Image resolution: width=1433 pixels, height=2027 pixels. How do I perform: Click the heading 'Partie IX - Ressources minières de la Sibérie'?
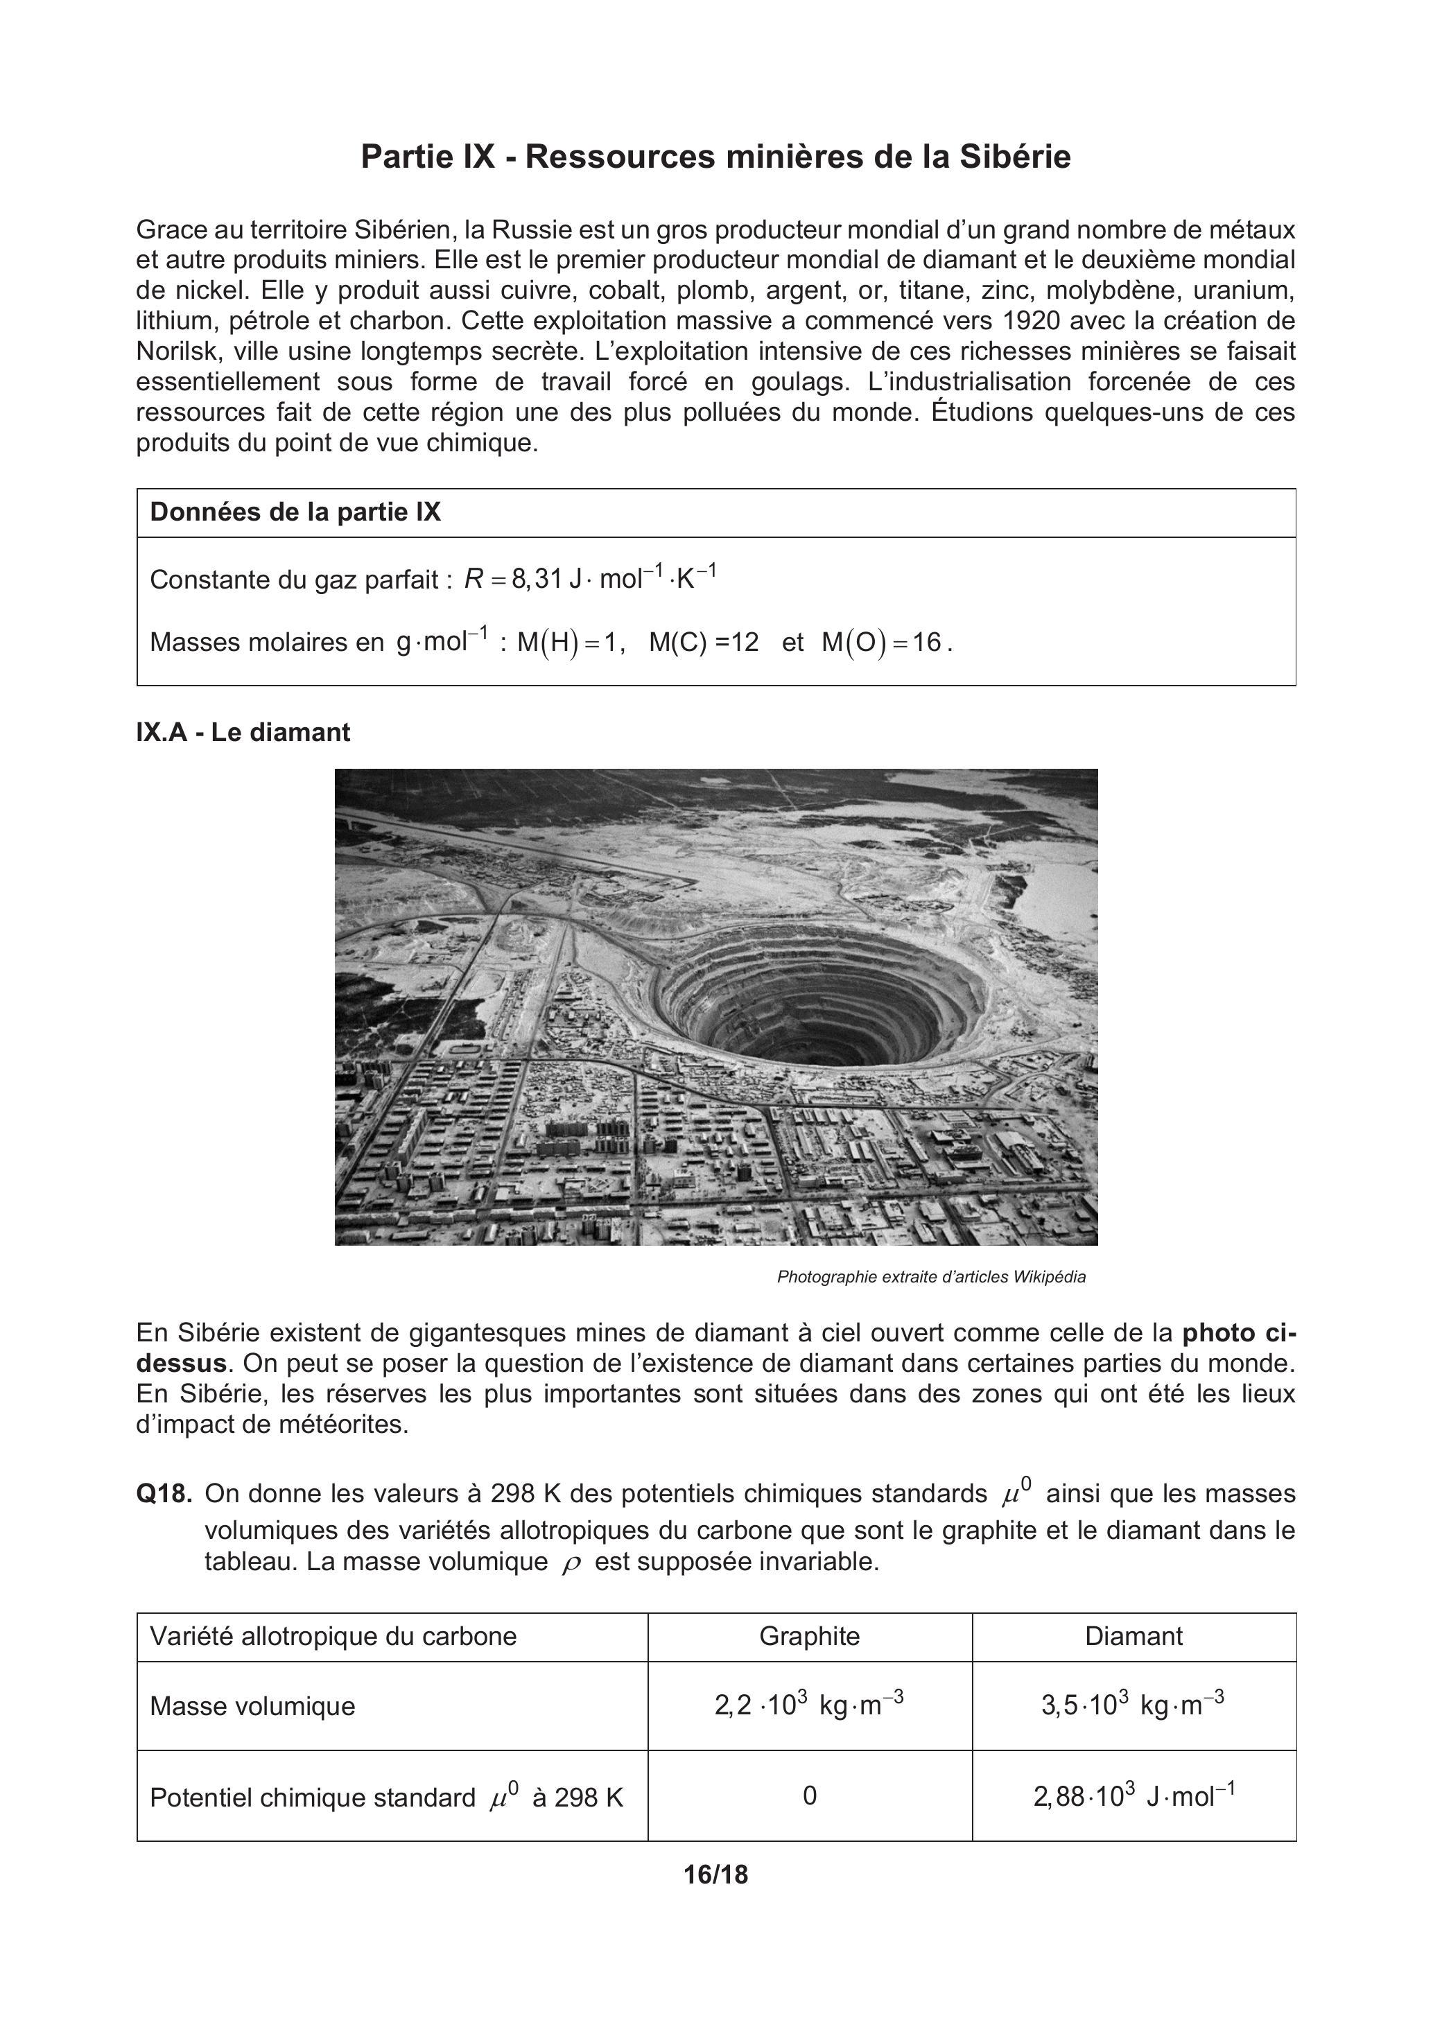pos(715,157)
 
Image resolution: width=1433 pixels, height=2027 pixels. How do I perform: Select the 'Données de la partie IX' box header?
pos(295,512)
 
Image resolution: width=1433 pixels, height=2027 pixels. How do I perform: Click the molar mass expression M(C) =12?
pos(704,642)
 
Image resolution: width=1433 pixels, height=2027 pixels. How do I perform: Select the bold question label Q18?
pos(164,1494)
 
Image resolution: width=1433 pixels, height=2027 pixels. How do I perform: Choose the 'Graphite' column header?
pos(809,1636)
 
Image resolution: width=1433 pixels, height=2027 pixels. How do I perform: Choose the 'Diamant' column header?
pos(1134,1636)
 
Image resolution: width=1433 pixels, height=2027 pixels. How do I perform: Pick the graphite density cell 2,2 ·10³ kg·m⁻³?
pos(809,1704)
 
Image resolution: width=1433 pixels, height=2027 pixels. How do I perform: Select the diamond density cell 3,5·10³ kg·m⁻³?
pos(1133,1704)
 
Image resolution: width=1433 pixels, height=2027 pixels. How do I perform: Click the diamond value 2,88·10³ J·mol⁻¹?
pos(1134,1795)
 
